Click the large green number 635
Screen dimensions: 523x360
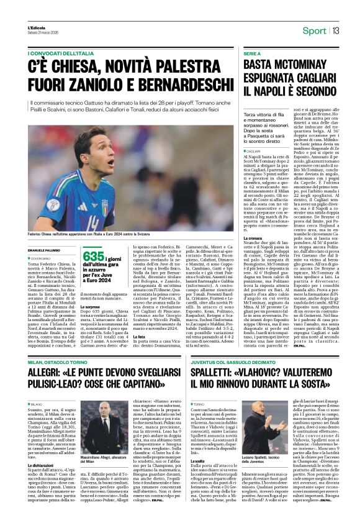click(x=93, y=257)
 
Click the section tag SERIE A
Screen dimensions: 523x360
click(x=253, y=54)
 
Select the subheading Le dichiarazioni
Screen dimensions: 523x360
click(x=45, y=464)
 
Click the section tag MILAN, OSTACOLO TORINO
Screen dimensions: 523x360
click(x=60, y=362)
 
